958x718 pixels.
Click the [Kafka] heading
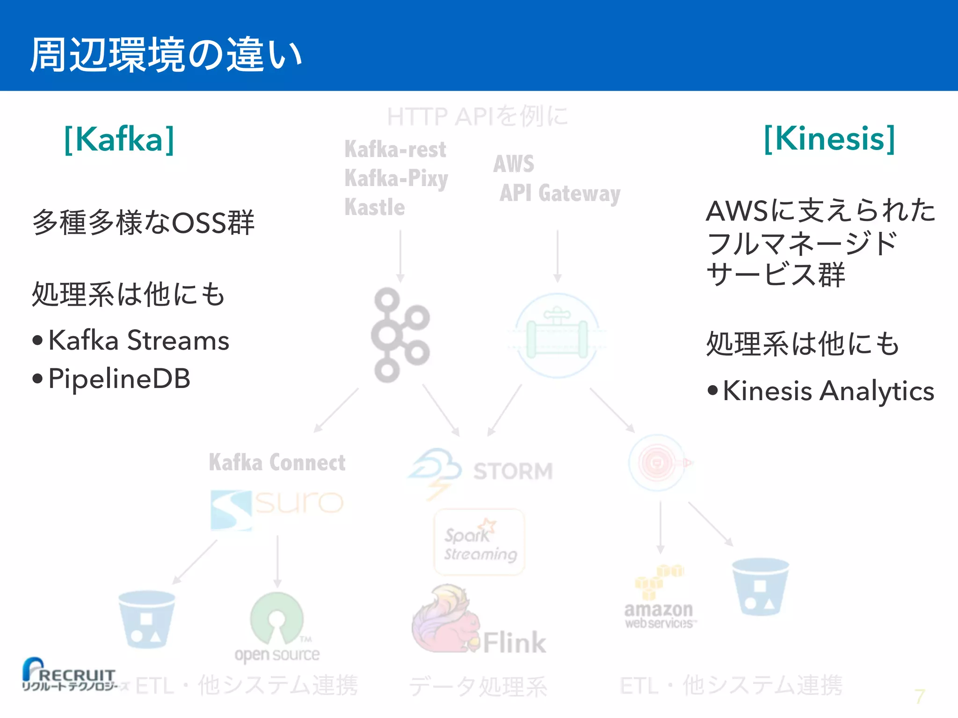pyautogui.click(x=119, y=139)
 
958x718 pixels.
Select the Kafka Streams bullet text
pyautogui.click(x=138, y=340)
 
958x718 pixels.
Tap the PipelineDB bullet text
pyautogui.click(x=119, y=378)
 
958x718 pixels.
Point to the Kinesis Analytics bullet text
pyautogui.click(x=828, y=390)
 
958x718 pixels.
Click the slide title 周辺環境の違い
pyautogui.click(x=166, y=55)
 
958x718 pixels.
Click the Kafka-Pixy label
pyautogui.click(x=396, y=179)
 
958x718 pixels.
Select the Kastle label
pyautogui.click(x=375, y=207)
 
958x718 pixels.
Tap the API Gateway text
pyautogui.click(x=560, y=193)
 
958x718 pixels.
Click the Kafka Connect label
pyautogui.click(x=277, y=462)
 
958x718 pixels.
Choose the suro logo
pyautogui.click(x=277, y=508)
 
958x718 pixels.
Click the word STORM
pyautogui.click(x=513, y=471)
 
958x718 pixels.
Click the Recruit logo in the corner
pyautogui.click(x=69, y=675)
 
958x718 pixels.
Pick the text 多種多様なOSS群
pyautogui.click(x=143, y=223)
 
